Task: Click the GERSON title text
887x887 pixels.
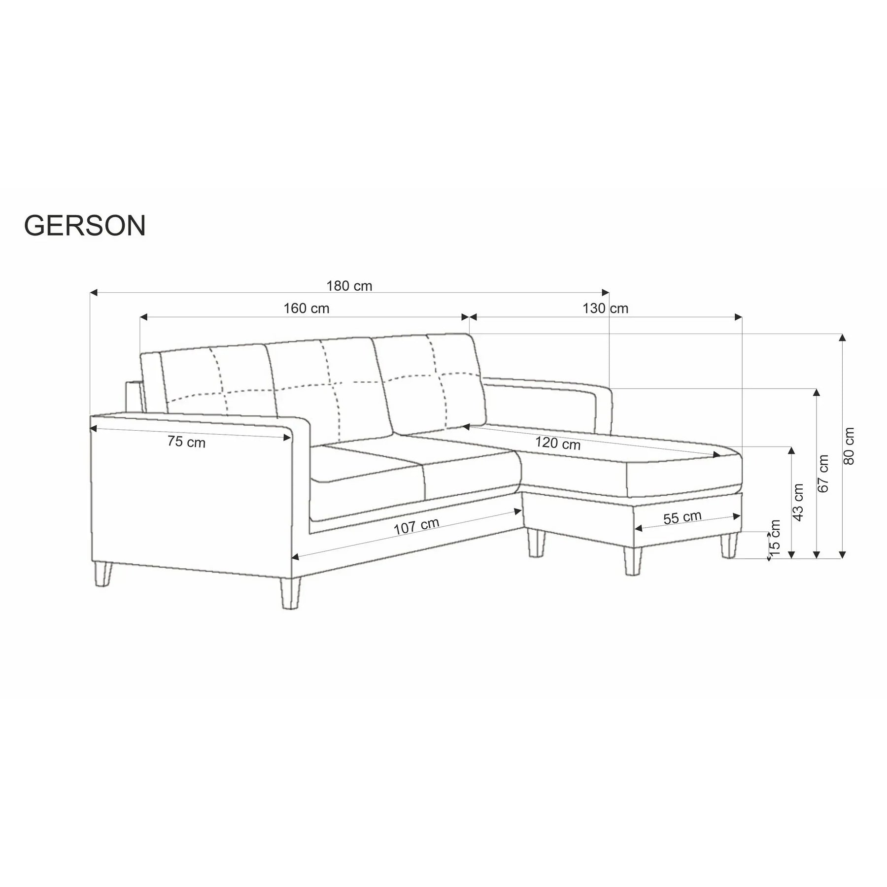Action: point(85,226)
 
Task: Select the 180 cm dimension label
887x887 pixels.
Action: point(349,286)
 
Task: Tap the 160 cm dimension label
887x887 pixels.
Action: point(306,308)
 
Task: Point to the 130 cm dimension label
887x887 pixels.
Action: point(605,308)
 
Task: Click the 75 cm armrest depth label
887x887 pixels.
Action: point(186,442)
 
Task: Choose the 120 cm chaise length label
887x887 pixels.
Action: point(558,443)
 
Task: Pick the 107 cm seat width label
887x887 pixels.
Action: point(416,526)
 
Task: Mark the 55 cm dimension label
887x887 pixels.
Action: point(682,517)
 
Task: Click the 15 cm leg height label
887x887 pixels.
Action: point(775,538)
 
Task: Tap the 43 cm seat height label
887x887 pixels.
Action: point(798,502)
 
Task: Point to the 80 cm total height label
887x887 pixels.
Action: point(849,446)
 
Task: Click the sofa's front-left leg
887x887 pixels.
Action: point(290,593)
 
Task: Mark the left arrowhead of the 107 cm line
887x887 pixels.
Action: point(296,557)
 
